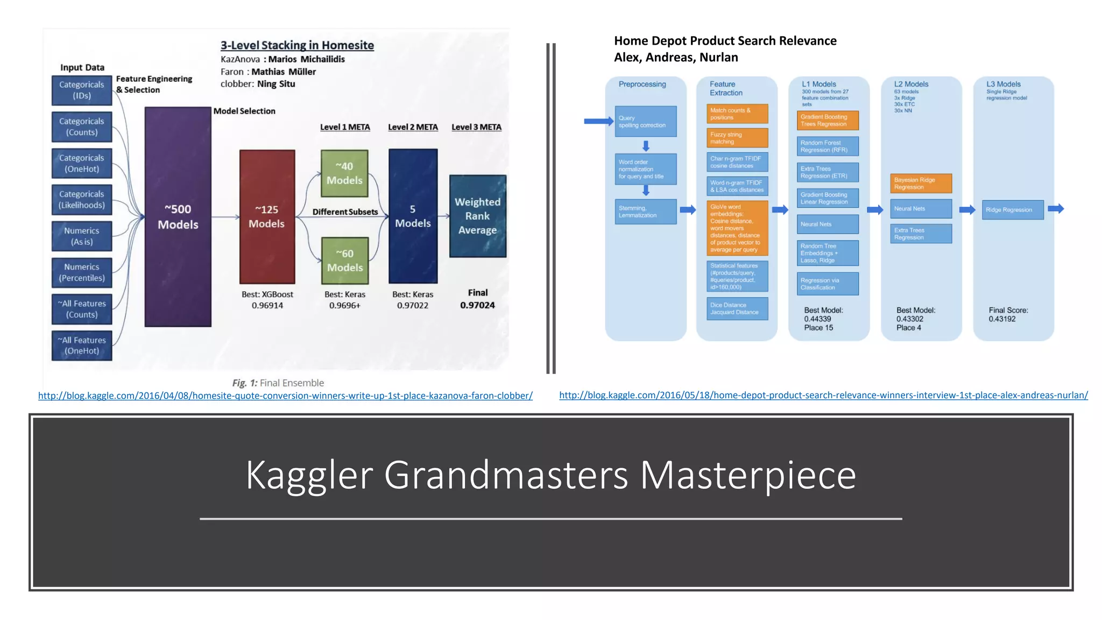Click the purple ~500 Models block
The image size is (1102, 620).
[178, 216]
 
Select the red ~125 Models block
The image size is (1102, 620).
[267, 216]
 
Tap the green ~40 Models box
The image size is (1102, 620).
[344, 173]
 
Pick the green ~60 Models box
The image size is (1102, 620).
[345, 260]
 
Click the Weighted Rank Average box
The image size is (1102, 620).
[477, 216]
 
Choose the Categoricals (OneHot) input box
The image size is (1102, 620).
[82, 163]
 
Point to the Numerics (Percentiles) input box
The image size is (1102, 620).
[82, 272]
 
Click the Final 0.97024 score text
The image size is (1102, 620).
[477, 299]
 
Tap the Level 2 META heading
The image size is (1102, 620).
[413, 127]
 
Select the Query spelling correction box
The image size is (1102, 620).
[645, 121]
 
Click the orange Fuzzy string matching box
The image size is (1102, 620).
[737, 138]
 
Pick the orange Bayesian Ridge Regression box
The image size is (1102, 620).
[921, 184]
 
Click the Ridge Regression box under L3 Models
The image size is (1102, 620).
[1012, 210]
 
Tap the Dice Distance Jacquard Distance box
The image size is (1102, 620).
[737, 308]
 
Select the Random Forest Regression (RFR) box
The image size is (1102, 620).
[827, 146]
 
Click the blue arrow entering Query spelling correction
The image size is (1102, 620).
[598, 122]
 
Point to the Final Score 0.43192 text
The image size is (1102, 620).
[1008, 314]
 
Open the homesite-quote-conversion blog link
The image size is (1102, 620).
[285, 396]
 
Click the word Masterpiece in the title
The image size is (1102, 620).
[747, 475]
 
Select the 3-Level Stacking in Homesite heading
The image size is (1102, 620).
[297, 45]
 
